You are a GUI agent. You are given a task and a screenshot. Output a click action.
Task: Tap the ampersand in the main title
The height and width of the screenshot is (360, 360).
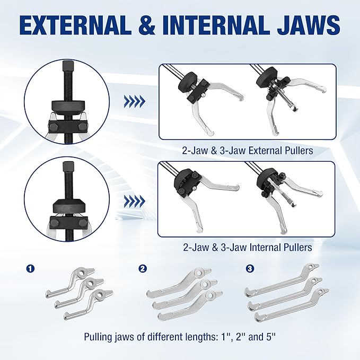(x=147, y=25)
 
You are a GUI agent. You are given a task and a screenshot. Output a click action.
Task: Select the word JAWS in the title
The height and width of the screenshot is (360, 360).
(x=309, y=25)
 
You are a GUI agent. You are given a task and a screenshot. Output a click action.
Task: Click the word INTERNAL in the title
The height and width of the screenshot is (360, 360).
(x=216, y=25)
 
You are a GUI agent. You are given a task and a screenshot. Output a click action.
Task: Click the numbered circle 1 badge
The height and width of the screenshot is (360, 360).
(x=30, y=268)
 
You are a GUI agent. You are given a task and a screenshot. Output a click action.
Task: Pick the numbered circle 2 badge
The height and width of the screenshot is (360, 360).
(x=143, y=268)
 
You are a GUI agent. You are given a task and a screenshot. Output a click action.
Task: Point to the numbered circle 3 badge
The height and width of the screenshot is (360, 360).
(x=250, y=268)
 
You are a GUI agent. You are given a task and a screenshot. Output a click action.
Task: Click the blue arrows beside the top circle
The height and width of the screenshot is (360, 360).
(x=135, y=101)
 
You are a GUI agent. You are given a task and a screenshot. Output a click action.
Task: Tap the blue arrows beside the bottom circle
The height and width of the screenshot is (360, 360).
(x=135, y=201)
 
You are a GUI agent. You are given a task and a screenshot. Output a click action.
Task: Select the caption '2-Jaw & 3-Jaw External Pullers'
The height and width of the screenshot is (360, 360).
(x=248, y=151)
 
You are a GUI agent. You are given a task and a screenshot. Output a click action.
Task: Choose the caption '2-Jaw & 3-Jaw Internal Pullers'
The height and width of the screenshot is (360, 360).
(x=248, y=247)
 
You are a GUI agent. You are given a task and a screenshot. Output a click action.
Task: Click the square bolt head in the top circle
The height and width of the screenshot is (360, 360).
(x=68, y=66)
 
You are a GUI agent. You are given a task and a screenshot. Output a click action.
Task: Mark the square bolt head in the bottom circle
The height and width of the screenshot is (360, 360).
(x=68, y=167)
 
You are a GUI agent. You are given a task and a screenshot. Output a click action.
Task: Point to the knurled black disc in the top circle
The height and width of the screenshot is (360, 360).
(x=68, y=108)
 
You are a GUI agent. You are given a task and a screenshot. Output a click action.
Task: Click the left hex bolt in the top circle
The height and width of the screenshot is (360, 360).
(x=52, y=127)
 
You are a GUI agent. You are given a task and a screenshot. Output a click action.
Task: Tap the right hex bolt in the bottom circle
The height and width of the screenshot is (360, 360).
(x=83, y=222)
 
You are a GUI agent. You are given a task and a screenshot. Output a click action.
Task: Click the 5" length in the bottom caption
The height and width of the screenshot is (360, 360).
(x=270, y=337)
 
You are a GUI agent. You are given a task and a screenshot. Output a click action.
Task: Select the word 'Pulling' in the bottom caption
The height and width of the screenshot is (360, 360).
(x=99, y=337)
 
